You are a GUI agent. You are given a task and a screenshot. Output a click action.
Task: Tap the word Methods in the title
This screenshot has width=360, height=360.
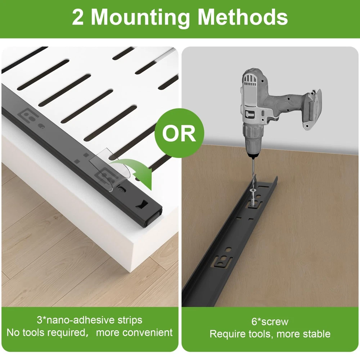[x=242, y=17]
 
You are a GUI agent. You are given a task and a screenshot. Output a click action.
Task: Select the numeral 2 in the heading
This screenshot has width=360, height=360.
[x=78, y=17]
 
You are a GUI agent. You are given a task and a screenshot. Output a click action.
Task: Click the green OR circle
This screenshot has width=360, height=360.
[x=179, y=133]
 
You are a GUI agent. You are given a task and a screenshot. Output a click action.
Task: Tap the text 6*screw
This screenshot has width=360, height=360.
[x=270, y=321]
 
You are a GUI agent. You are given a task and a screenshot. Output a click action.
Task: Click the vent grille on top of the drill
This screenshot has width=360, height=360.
[x=250, y=80]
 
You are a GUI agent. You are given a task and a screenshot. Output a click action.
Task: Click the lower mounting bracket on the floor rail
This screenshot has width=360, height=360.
[x=222, y=261]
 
